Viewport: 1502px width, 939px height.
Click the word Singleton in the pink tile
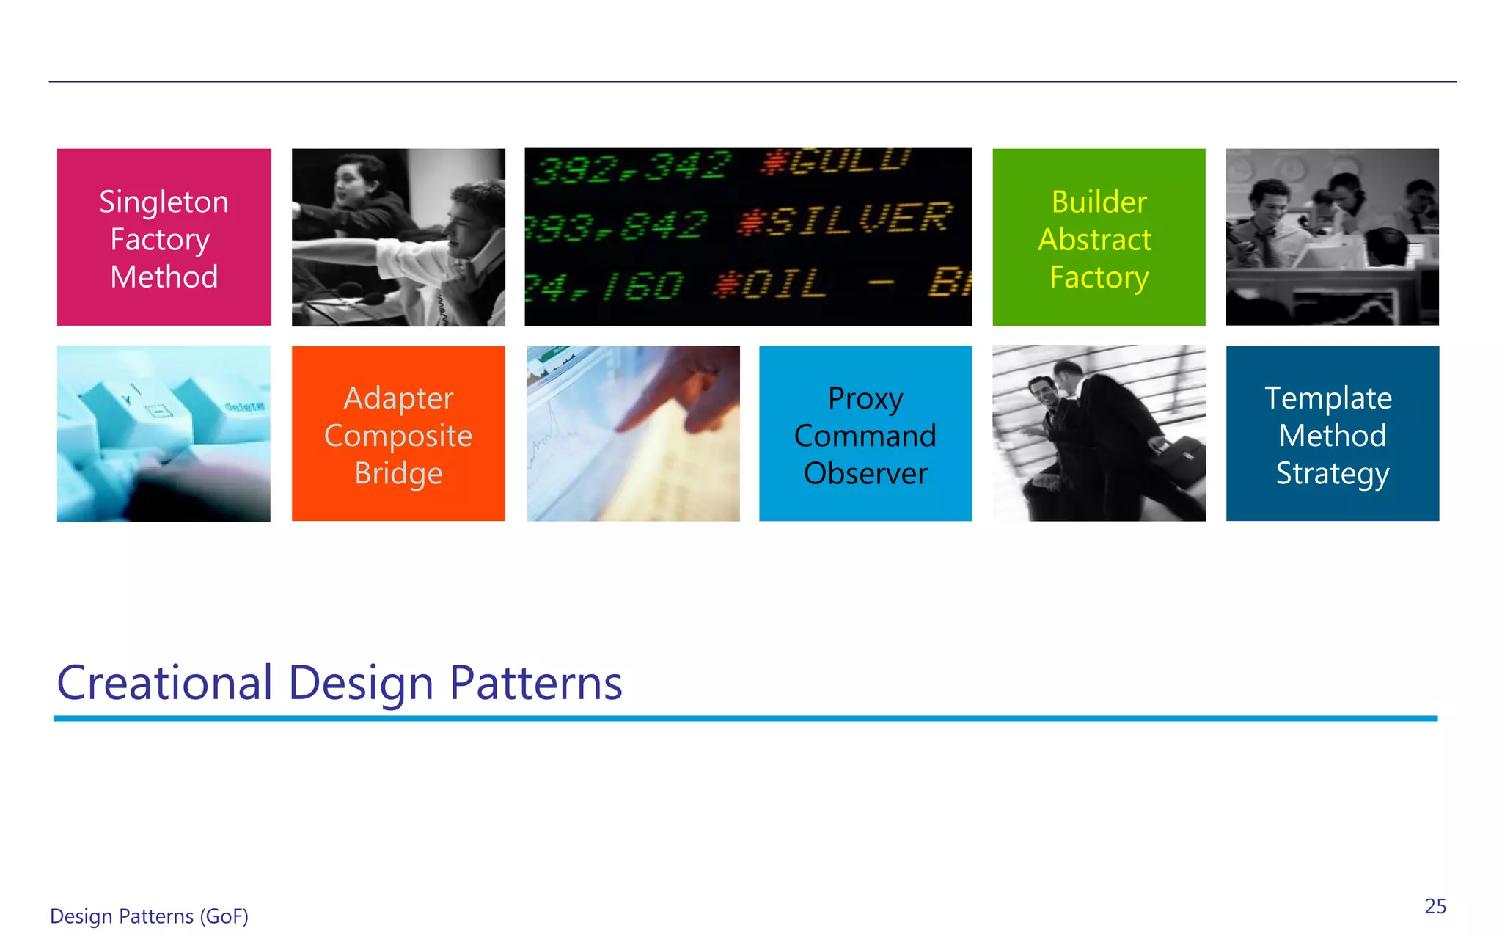point(164,202)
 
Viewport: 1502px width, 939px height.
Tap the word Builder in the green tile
point(1099,202)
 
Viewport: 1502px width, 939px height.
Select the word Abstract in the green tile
point(1094,240)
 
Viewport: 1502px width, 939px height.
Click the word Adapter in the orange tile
point(398,398)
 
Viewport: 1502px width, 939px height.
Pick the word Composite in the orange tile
point(398,436)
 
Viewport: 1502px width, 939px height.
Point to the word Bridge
point(398,473)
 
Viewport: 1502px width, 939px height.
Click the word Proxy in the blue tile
point(865,398)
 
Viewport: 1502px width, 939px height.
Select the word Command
point(865,436)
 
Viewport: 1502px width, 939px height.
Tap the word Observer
point(865,473)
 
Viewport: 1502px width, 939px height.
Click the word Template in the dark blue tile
point(1328,398)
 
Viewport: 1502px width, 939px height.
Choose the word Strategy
point(1332,473)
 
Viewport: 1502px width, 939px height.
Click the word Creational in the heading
point(165,683)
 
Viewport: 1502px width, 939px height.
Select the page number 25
point(1435,907)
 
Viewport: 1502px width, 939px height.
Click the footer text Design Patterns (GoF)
point(149,916)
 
